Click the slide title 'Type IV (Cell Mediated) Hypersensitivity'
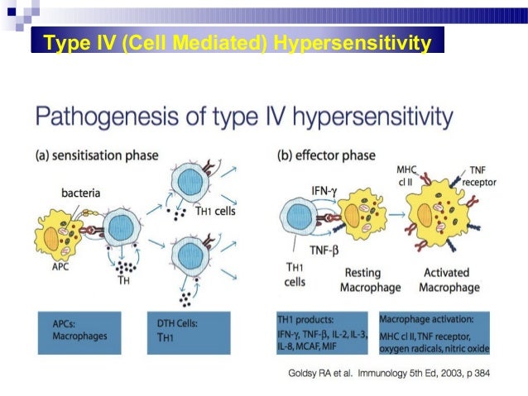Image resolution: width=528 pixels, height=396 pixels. point(238,41)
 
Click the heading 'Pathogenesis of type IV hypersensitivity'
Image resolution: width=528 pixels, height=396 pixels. point(244,117)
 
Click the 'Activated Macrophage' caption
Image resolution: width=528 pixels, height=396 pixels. point(448,280)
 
